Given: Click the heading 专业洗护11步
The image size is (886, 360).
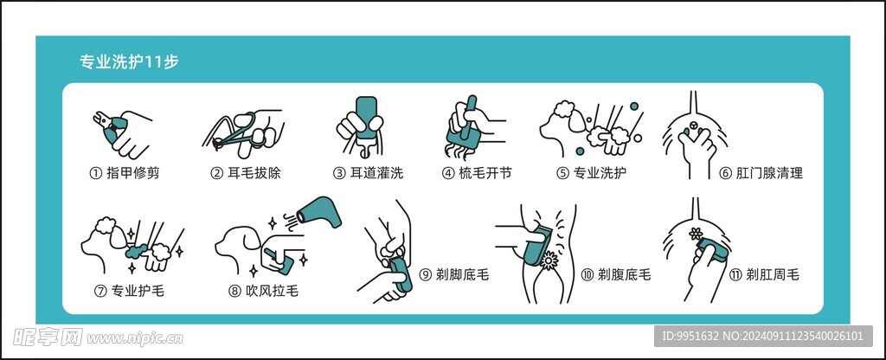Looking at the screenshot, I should tap(130, 62).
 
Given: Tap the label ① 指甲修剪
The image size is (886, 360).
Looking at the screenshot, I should tap(125, 172).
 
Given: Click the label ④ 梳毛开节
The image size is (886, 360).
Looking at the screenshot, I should tap(477, 172).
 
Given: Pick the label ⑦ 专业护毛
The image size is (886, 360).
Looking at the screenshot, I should tap(129, 290).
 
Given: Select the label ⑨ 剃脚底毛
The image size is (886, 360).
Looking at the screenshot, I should tap(454, 274).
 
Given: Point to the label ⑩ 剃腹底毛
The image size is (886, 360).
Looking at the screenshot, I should tap(615, 274).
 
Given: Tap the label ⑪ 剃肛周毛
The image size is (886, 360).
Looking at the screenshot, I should tap(764, 274).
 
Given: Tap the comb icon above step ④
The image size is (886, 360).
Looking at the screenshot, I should tap(462, 125).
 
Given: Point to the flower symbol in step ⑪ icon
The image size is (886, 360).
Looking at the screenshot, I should tap(693, 234).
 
